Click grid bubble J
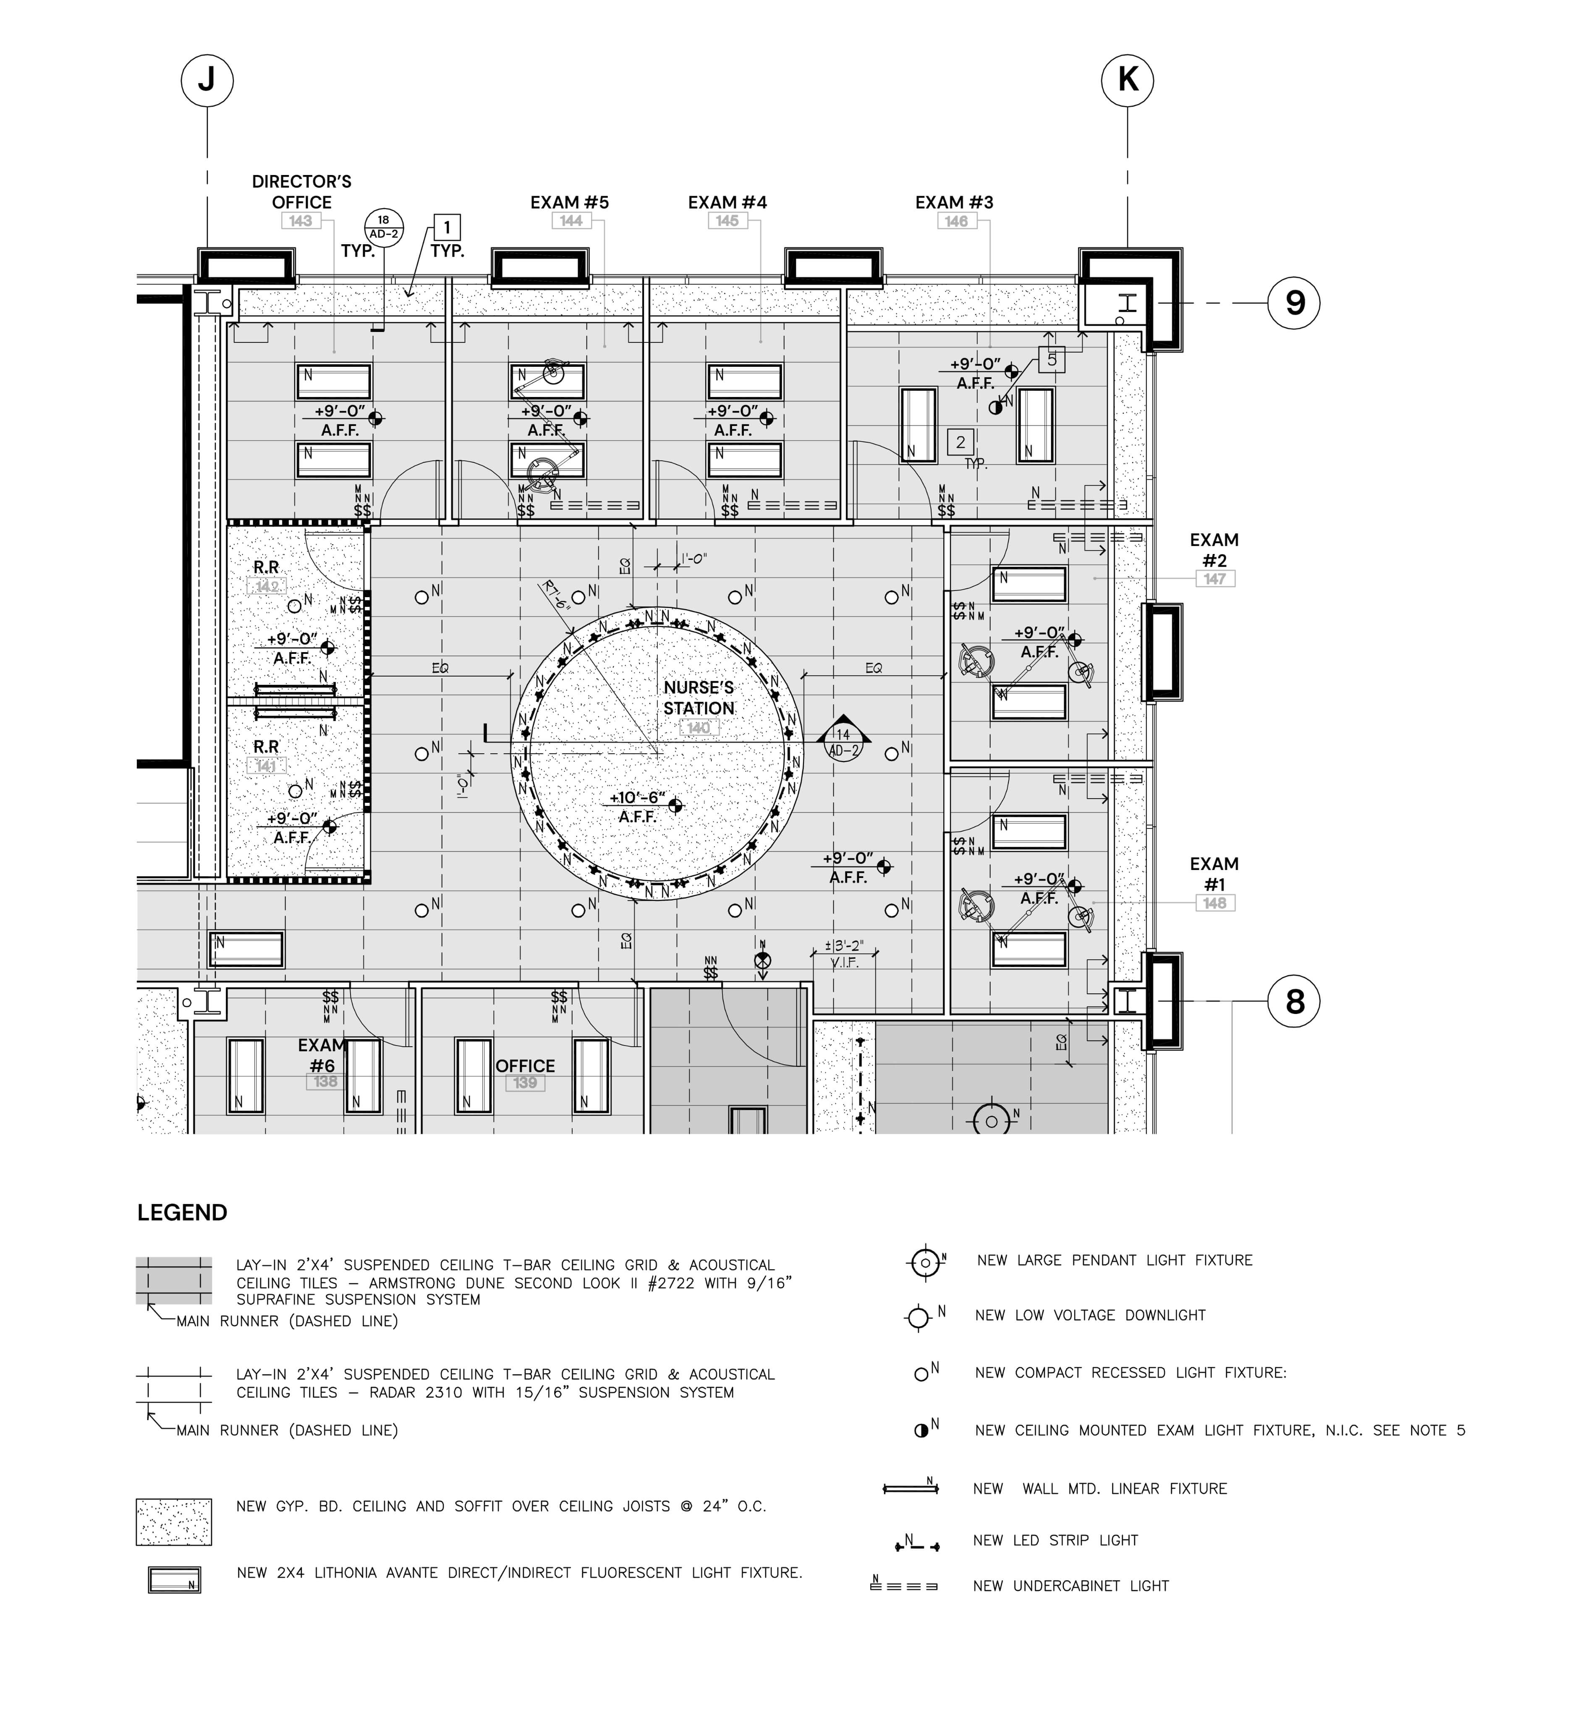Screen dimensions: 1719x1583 click(207, 81)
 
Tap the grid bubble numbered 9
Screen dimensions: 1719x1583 click(1293, 303)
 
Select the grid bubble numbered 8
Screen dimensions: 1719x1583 click(1293, 1001)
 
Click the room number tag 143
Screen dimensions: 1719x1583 click(301, 221)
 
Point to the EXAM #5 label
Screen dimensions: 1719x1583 click(570, 202)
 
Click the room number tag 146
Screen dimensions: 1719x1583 click(956, 221)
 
